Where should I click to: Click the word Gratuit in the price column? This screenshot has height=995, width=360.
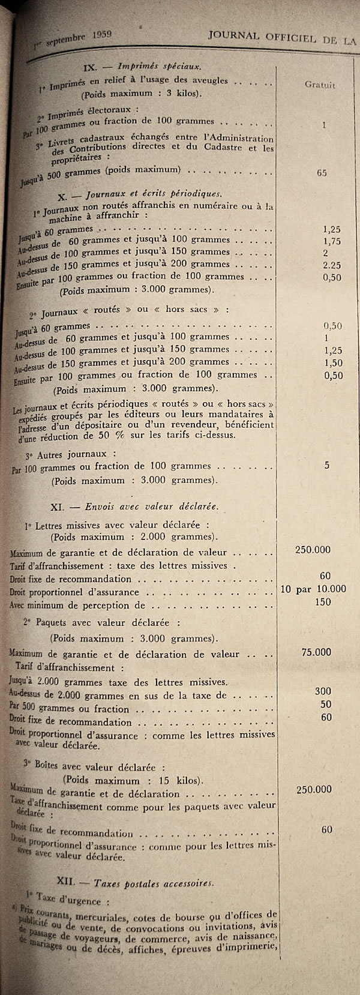(x=320, y=85)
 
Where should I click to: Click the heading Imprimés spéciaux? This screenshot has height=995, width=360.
(x=159, y=65)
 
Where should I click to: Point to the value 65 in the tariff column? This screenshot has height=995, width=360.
(x=322, y=173)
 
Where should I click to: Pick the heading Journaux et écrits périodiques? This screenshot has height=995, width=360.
(x=154, y=194)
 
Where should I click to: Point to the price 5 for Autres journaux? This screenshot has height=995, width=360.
(x=326, y=465)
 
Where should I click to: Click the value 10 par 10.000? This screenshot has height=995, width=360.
(x=313, y=589)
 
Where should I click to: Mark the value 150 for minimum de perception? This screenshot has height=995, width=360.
(x=323, y=602)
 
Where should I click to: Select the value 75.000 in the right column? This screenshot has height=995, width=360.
(x=316, y=652)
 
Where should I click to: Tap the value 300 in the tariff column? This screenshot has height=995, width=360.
(x=323, y=691)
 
